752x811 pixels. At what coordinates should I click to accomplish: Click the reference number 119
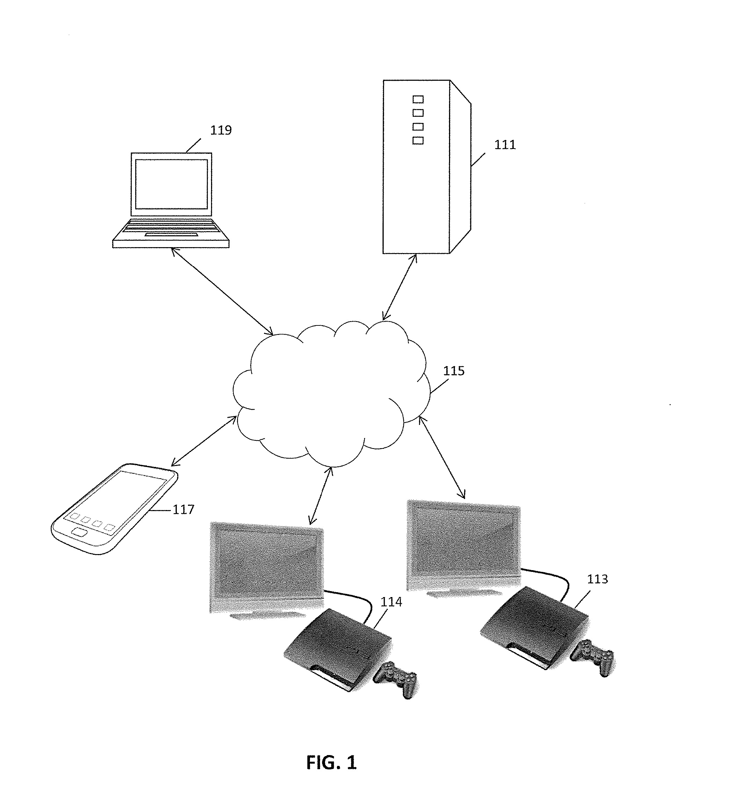[220, 130]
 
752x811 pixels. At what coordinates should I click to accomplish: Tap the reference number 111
[505, 145]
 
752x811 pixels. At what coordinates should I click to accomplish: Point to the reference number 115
[453, 371]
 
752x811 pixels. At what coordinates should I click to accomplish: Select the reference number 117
[183, 509]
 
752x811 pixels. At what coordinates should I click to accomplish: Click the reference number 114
[391, 602]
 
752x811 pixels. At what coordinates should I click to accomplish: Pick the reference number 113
[597, 579]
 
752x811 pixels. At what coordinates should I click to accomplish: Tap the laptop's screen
[171, 184]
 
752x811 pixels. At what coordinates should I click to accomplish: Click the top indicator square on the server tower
[418, 99]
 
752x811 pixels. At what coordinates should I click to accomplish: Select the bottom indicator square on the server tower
[418, 141]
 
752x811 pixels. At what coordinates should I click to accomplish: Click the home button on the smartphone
[79, 532]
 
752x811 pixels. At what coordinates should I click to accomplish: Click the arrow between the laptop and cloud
[222, 291]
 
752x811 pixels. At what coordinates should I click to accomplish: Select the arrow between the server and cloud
[399, 287]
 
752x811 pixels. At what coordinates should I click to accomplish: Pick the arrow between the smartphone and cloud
[203, 441]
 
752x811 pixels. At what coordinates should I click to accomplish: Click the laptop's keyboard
[171, 229]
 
